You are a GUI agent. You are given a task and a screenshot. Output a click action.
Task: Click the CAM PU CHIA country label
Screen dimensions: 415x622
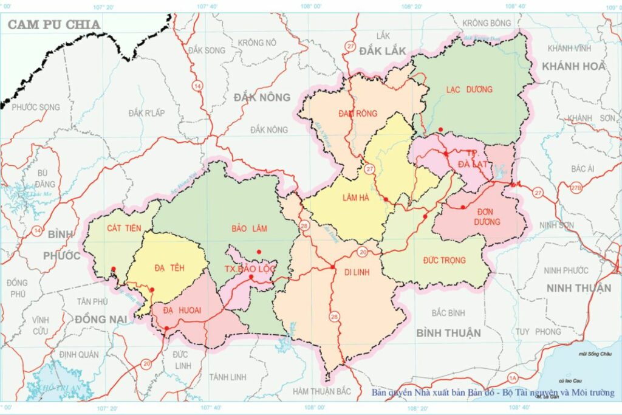(x=53, y=24)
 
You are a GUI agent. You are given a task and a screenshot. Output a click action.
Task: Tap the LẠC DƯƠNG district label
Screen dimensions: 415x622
(x=470, y=89)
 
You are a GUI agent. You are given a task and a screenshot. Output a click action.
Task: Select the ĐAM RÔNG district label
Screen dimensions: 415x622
(x=358, y=113)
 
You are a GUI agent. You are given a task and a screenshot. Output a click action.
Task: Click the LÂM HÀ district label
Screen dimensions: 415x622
(x=357, y=197)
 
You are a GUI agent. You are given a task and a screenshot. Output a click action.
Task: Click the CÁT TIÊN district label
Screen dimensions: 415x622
(x=123, y=228)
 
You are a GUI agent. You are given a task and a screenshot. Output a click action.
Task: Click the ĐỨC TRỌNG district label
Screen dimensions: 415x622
(x=445, y=260)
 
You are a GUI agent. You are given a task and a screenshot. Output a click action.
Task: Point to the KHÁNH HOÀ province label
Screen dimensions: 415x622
(x=574, y=66)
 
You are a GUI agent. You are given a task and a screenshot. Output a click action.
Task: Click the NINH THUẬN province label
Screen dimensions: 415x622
(x=578, y=287)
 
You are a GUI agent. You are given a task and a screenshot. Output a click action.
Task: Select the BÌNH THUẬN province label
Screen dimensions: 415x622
(x=449, y=332)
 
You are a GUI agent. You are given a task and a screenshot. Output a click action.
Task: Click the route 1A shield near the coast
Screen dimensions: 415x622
(x=497, y=377)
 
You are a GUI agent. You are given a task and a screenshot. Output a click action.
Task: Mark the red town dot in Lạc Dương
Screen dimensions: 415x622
(x=440, y=129)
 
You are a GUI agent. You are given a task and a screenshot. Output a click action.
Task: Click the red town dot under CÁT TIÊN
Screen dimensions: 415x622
(x=114, y=269)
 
